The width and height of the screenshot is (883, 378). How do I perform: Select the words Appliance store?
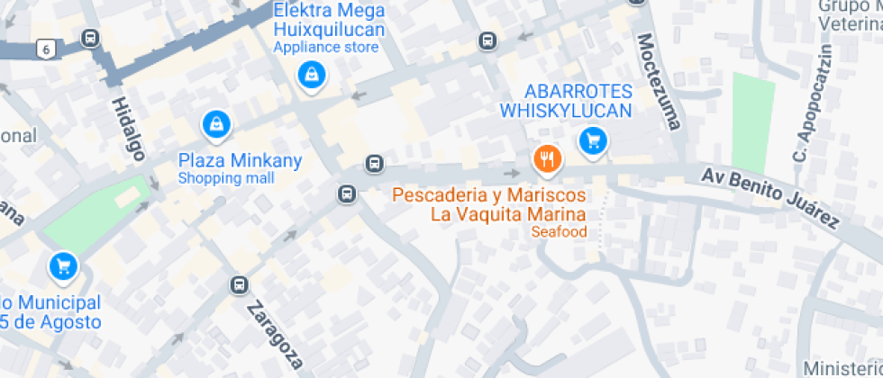(326, 47)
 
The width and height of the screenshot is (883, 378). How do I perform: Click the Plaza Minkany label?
(240, 161)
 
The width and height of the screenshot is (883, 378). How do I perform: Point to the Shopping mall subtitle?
(225, 178)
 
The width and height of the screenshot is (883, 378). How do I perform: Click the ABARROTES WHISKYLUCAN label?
(566, 101)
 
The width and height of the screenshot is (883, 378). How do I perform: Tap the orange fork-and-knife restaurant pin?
(547, 160)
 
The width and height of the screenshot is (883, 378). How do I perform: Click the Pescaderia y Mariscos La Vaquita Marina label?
(489, 204)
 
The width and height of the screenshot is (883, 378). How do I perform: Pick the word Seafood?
(559, 232)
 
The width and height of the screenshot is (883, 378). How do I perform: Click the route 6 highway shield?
(46, 49)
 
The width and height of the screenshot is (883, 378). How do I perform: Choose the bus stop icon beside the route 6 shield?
(90, 38)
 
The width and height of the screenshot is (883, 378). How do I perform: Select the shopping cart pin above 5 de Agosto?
(62, 265)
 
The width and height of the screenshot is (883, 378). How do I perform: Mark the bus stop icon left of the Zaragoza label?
(239, 285)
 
